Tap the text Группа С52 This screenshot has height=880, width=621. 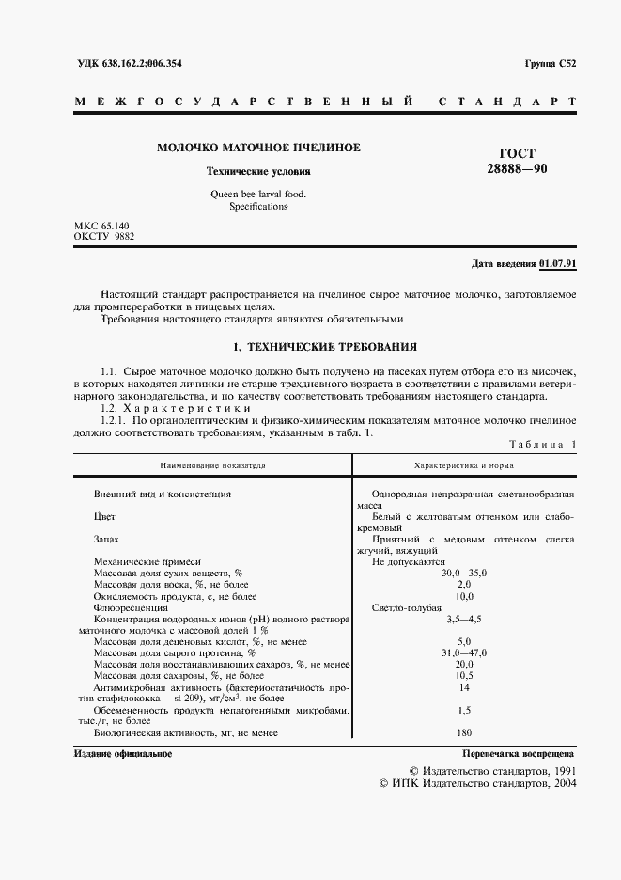551,63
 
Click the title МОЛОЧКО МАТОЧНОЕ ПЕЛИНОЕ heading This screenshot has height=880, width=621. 257,148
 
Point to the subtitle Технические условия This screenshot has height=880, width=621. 257,172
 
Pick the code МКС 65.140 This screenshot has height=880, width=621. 103,227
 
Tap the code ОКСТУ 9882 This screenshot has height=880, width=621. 104,238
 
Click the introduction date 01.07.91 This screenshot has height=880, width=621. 558,263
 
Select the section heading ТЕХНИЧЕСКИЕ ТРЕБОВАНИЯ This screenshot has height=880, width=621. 325,347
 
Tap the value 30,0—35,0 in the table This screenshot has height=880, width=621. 464,573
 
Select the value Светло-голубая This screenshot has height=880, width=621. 406,607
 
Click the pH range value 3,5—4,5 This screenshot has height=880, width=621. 464,620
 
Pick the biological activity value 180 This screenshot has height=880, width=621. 464,731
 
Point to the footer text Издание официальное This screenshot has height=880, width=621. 122,754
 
